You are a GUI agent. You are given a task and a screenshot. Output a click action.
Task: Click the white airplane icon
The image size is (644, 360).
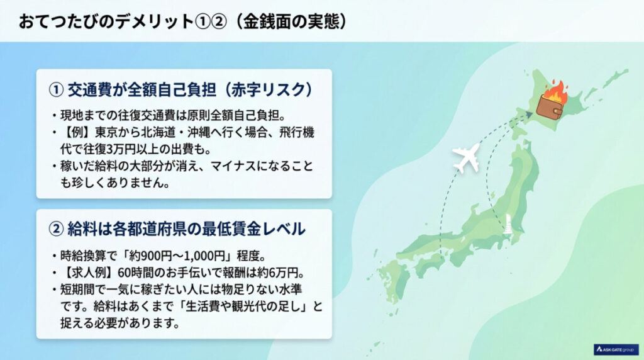(466, 158)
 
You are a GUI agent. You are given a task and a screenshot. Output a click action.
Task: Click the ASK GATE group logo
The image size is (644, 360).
(616, 349)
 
